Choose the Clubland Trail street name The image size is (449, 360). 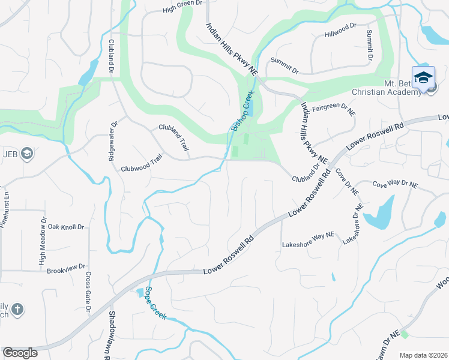(x=174, y=137)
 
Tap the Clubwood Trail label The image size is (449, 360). (x=142, y=169)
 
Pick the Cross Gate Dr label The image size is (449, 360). (x=88, y=292)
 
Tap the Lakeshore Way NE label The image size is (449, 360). (x=307, y=244)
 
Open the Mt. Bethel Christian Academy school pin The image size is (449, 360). (x=423, y=79)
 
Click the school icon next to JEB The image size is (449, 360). (x=26, y=154)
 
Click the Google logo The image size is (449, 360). (x=20, y=353)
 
